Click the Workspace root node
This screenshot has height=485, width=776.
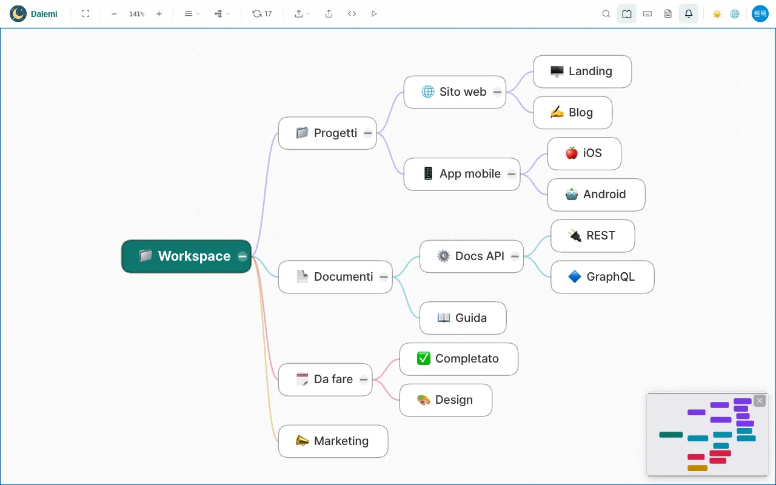coord(186,256)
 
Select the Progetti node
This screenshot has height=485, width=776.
coord(327,133)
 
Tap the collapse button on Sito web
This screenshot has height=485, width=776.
coord(497,92)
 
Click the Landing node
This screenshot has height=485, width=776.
coord(583,72)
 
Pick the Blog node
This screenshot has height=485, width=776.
coord(573,113)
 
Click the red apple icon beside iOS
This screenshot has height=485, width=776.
coord(572,153)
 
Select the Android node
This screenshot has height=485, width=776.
coord(596,195)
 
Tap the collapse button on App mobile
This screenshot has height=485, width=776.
coord(512,174)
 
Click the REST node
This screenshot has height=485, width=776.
coord(593,236)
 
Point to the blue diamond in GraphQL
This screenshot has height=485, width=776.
coord(575,276)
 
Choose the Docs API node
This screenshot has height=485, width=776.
coord(472,256)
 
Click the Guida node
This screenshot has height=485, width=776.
coord(463,318)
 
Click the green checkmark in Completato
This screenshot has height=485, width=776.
coord(424,358)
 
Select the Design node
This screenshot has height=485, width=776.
coord(446,400)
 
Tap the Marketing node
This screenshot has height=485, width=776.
coord(333,441)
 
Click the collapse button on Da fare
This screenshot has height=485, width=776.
coord(363,380)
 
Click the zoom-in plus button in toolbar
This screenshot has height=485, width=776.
coord(159,14)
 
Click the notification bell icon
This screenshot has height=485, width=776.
coord(689,14)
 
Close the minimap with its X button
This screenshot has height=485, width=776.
coord(760,401)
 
